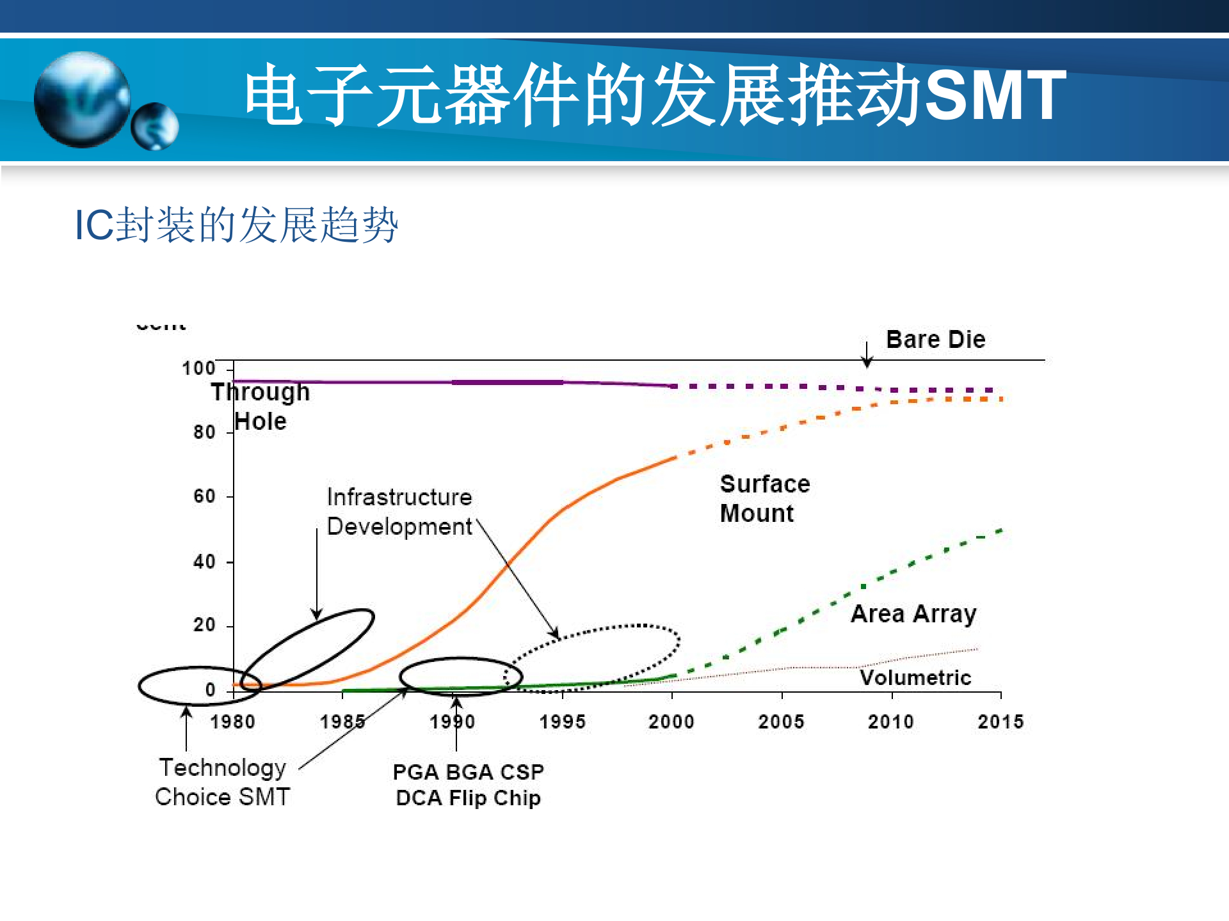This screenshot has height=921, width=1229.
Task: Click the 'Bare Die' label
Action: (x=935, y=339)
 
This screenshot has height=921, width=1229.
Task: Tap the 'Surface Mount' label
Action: (x=764, y=498)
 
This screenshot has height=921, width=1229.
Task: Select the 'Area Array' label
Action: (x=913, y=613)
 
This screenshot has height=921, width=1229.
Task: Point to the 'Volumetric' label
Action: (x=915, y=677)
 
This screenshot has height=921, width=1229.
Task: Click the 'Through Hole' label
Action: (x=261, y=406)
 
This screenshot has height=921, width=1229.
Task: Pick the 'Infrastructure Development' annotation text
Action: (x=399, y=512)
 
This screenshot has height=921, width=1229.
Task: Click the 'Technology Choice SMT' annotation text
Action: (x=223, y=782)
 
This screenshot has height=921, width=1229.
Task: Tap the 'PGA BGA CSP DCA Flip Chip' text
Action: (x=468, y=785)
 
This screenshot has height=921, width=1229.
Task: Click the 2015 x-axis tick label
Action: (x=1000, y=721)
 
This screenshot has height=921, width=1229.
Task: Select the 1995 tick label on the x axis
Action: (x=562, y=721)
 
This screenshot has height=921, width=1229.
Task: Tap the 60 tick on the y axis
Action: (x=204, y=496)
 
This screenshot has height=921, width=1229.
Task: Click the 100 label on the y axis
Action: (x=198, y=368)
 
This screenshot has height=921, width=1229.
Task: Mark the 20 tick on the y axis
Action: (x=204, y=625)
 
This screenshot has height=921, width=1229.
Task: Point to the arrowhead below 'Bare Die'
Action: (x=867, y=363)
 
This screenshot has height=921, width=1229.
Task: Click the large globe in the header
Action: (x=82, y=99)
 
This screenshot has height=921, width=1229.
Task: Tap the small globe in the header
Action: (x=155, y=126)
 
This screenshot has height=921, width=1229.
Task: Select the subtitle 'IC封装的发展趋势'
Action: (x=236, y=224)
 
